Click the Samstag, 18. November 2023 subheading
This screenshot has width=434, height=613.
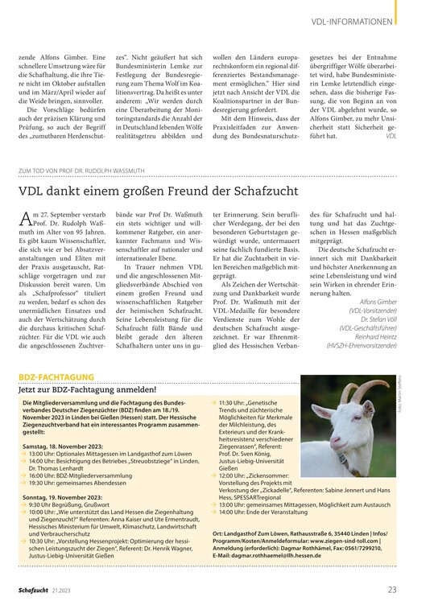[x=63, y=444]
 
